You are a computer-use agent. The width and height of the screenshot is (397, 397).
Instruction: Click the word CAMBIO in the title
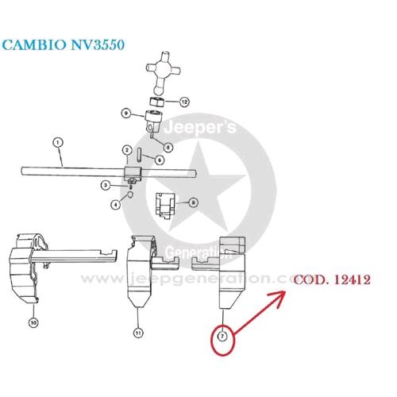point(34,44)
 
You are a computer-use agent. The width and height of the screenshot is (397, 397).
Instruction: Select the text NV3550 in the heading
point(98,44)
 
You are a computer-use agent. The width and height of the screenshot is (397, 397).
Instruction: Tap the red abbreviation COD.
point(310,279)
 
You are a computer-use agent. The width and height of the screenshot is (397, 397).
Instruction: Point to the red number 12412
point(352,279)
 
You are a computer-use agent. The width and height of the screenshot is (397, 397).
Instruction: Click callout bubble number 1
point(58,143)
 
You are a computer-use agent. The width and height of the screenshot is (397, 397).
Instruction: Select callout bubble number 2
point(127,150)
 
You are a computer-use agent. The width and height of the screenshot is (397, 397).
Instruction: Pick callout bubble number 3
point(106,185)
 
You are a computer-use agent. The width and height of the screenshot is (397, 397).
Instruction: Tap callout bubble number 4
point(115,204)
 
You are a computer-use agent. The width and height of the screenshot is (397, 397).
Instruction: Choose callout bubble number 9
point(126,114)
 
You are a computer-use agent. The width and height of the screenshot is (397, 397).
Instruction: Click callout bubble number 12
point(184,102)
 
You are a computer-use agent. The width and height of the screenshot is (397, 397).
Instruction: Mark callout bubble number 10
point(33,322)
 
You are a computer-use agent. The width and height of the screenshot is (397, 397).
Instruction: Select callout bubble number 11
point(138,333)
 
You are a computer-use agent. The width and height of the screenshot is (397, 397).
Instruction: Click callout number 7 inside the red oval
point(222,336)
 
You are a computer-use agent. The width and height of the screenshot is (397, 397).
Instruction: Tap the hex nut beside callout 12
point(157,102)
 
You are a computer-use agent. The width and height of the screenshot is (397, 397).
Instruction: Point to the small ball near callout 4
point(130,195)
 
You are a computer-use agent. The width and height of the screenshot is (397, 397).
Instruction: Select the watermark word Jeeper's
point(200,128)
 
